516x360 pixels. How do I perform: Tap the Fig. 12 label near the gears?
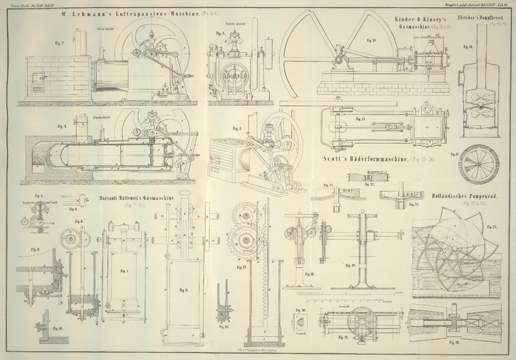click(x=242, y=266)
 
